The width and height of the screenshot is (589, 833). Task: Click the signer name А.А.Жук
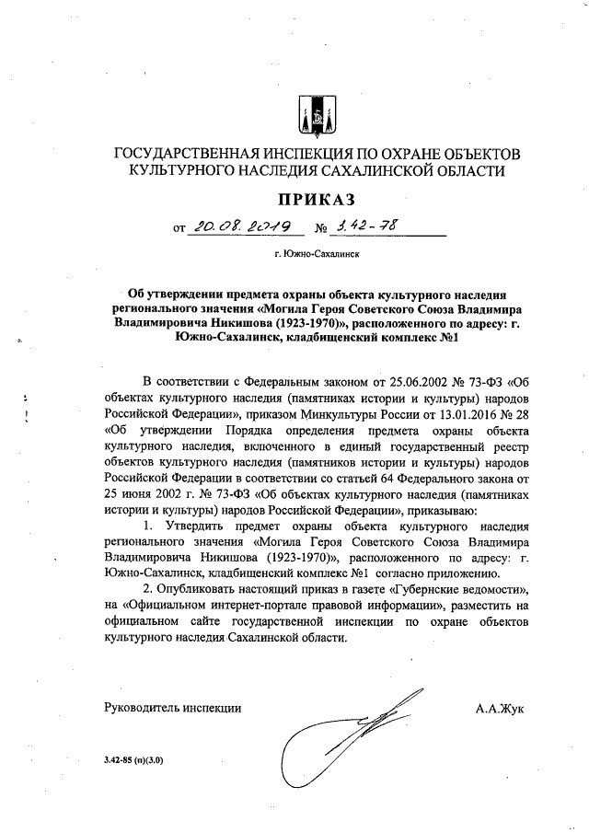[497, 709]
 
